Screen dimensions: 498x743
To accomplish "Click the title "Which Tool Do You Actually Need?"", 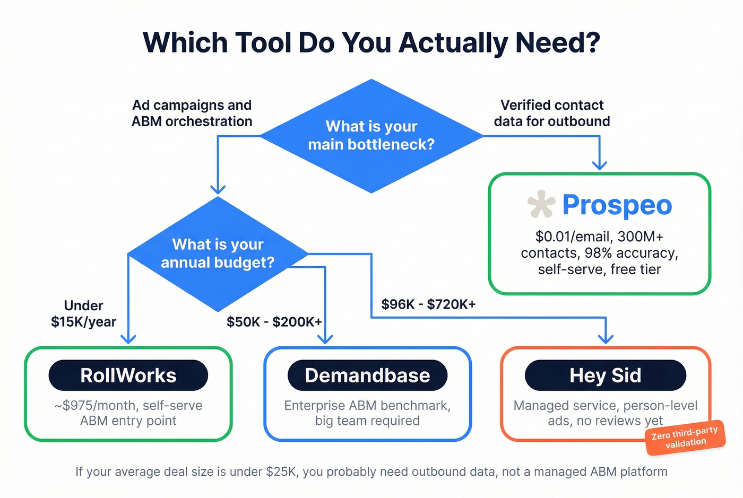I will pyautogui.click(x=371, y=43).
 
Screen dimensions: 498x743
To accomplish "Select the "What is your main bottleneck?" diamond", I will pyautogui.click(x=371, y=135).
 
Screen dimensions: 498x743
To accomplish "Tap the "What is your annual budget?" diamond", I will pyautogui.click(x=218, y=254).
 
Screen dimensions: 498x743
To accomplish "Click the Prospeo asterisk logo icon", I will pyautogui.click(x=541, y=204).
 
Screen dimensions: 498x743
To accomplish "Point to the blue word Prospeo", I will pyautogui.click(x=617, y=205).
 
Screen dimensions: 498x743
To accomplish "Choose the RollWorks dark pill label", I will pyautogui.click(x=128, y=375).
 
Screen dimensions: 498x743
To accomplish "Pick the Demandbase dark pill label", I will pyautogui.click(x=367, y=375).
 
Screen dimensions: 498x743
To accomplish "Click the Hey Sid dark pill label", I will pyautogui.click(x=605, y=375).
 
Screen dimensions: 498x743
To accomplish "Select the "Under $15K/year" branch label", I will pyautogui.click(x=83, y=313).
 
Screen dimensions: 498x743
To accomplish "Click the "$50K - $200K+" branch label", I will pyautogui.click(x=274, y=322).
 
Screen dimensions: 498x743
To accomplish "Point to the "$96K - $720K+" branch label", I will pyautogui.click(x=428, y=304).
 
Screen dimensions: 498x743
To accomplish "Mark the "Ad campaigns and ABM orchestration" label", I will pyautogui.click(x=192, y=113).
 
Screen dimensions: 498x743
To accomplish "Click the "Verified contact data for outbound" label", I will pyautogui.click(x=552, y=113).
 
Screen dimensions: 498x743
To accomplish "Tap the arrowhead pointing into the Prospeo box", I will pyautogui.click(x=599, y=165).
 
